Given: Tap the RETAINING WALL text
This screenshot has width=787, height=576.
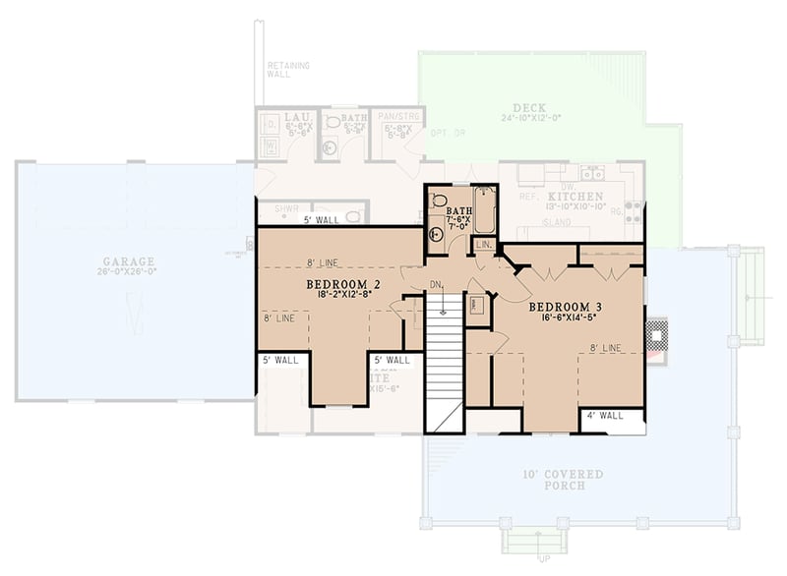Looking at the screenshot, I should pyautogui.click(x=288, y=70).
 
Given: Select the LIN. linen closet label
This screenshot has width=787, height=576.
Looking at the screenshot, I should pyautogui.click(x=484, y=244).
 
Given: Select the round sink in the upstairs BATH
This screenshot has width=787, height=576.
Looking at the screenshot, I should pyautogui.click(x=437, y=234).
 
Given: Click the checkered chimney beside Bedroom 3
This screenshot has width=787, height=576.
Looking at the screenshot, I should pyautogui.click(x=655, y=335).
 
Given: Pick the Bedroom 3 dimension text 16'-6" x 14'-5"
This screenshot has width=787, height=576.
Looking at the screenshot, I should pyautogui.click(x=569, y=317).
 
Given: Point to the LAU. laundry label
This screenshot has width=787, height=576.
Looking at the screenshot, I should pyautogui.click(x=272, y=118).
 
